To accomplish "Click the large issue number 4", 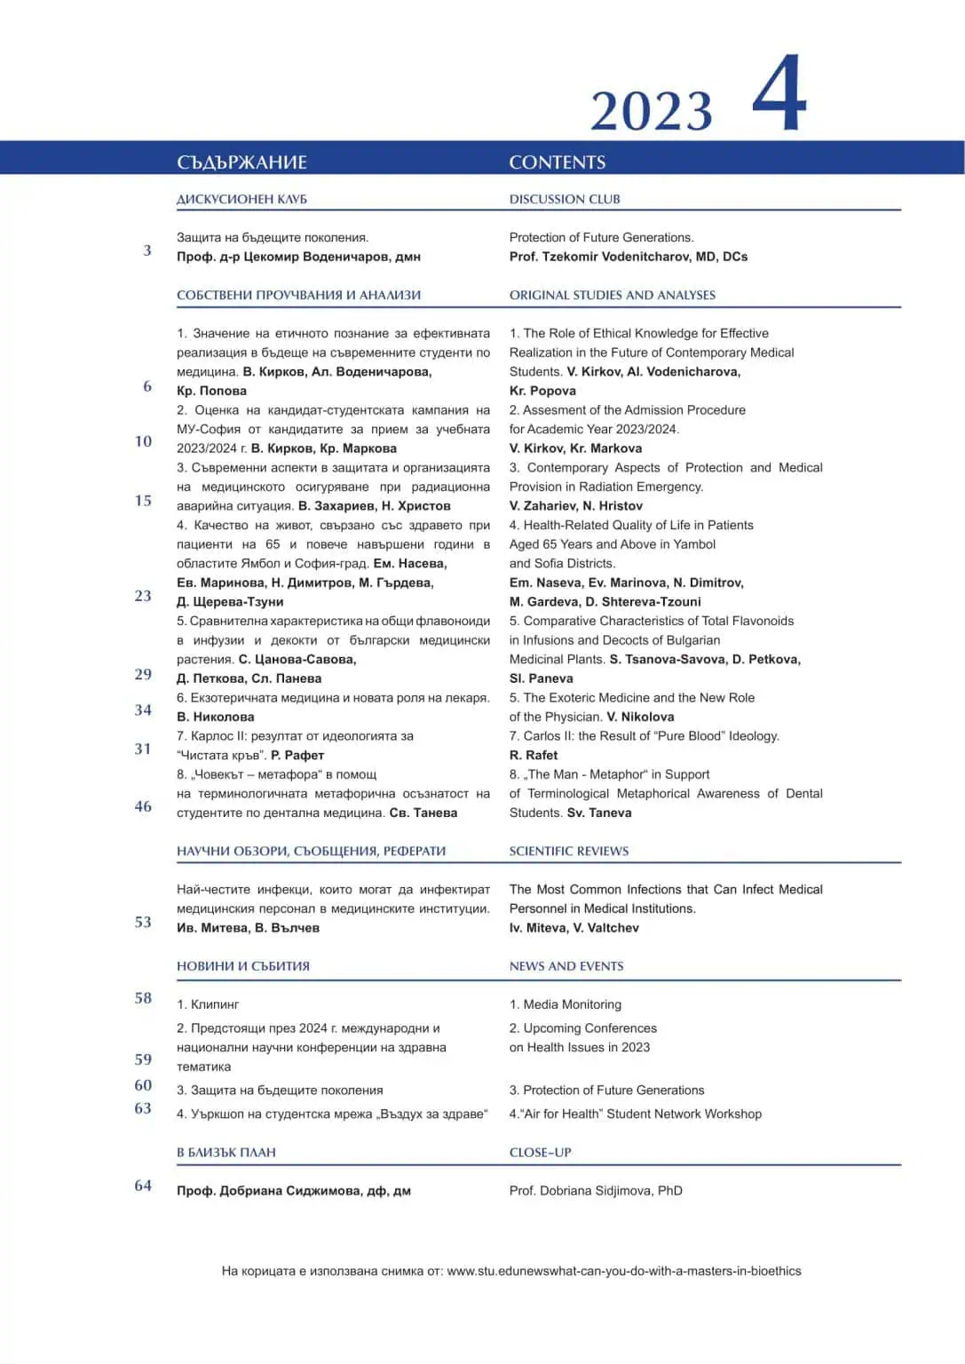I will click(779, 93).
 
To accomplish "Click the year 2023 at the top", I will click(652, 111).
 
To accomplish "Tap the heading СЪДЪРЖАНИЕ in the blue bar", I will click(241, 162).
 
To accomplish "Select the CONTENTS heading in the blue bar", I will click(558, 162).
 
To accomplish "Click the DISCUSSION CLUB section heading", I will click(565, 199).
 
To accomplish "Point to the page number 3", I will click(147, 250).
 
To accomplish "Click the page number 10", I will click(143, 441).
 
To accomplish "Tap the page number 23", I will click(143, 596).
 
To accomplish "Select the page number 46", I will click(143, 806).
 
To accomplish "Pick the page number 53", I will click(143, 922).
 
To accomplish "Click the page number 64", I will click(143, 1186).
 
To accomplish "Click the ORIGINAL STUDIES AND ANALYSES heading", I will click(612, 295).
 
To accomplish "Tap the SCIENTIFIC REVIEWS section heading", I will click(568, 851).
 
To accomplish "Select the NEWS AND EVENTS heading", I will click(566, 966).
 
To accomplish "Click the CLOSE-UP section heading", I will click(540, 1153).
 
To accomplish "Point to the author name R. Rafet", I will click(534, 755).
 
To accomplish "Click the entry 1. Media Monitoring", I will click(566, 1004).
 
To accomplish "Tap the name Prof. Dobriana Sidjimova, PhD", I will click(596, 1191).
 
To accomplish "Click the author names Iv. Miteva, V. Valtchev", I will click(573, 928).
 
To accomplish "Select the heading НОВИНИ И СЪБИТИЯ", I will click(243, 966).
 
